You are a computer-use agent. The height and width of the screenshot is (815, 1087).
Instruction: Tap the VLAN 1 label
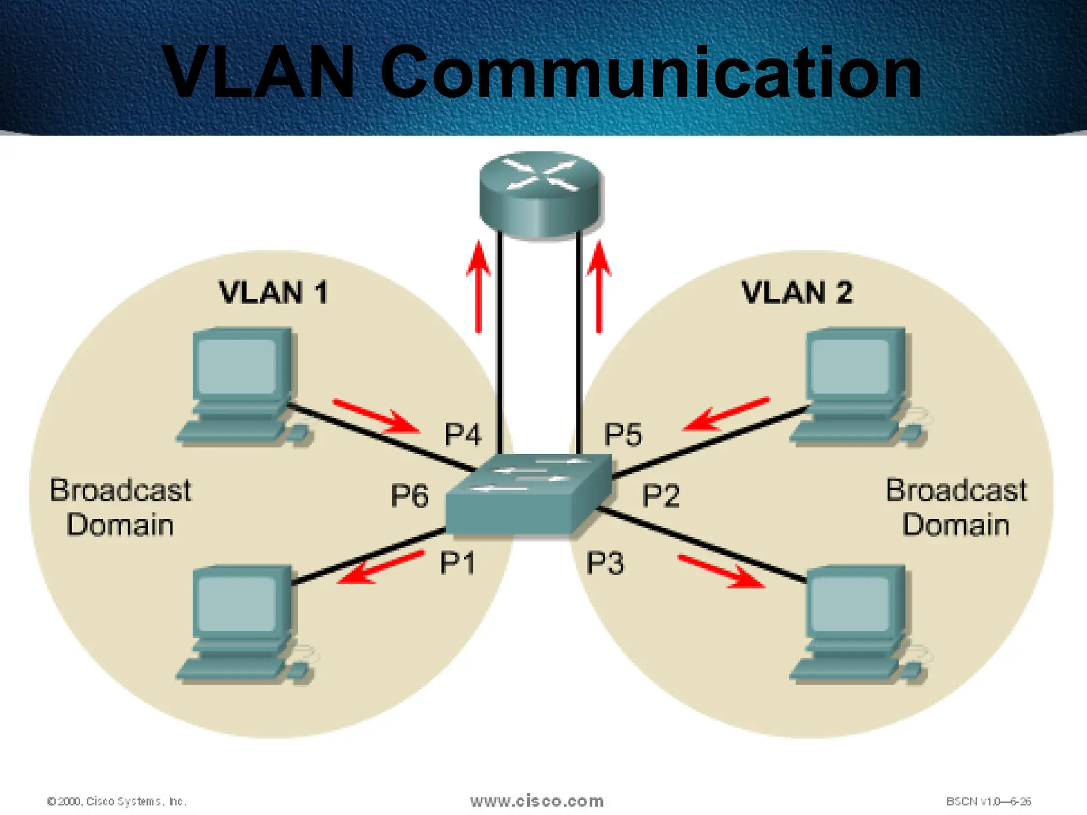click(x=273, y=293)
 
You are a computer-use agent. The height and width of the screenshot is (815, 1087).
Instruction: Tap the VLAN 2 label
click(x=797, y=293)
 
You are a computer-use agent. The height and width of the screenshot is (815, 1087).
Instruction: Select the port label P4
click(x=463, y=435)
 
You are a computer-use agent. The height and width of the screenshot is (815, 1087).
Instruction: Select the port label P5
click(x=623, y=435)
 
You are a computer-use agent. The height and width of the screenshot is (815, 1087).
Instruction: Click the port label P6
click(x=409, y=496)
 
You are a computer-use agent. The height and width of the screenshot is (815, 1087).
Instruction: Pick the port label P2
click(x=661, y=496)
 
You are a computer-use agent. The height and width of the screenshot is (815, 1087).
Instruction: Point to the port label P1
click(x=458, y=563)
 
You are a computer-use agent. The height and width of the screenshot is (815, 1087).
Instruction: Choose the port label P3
click(x=605, y=563)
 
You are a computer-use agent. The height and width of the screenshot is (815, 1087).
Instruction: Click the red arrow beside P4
click(x=377, y=417)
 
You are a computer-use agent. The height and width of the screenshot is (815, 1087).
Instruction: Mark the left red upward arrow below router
click(x=479, y=287)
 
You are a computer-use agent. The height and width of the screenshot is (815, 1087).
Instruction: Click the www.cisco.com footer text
click(x=537, y=801)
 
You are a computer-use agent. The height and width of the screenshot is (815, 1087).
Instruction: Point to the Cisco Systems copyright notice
click(x=117, y=801)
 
